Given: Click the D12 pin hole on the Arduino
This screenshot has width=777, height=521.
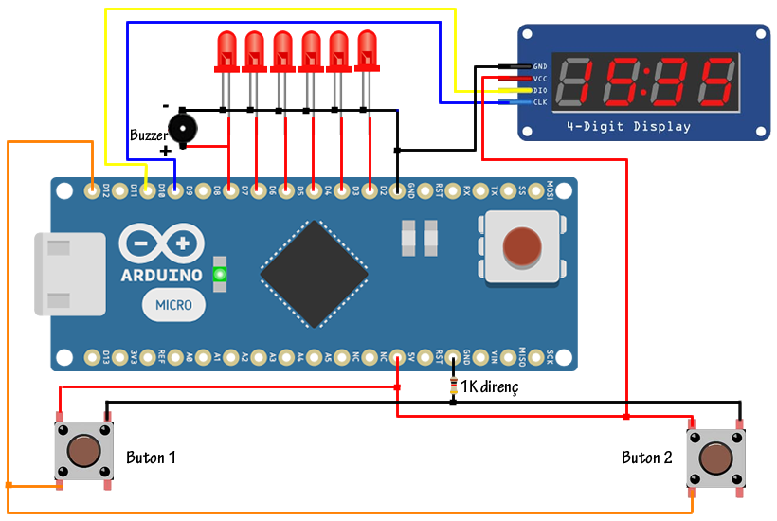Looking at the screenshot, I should [x=92, y=191].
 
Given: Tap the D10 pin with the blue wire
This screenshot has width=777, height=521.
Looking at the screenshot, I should [x=174, y=191].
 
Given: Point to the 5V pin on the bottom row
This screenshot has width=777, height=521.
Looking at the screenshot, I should [x=397, y=357].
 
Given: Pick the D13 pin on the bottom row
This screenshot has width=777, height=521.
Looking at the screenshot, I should [x=92, y=357].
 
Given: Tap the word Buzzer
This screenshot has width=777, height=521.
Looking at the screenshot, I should [x=149, y=135].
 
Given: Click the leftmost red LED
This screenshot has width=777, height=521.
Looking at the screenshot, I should [x=226, y=51].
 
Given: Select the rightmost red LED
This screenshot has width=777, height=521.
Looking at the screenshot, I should [x=367, y=51].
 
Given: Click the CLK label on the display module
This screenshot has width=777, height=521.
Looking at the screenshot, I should [x=540, y=102].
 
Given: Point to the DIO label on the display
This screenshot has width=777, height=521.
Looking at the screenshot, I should [x=540, y=90].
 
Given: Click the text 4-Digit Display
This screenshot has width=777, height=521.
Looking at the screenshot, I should [x=629, y=127].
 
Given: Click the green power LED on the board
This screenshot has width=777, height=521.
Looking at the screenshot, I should [x=221, y=275].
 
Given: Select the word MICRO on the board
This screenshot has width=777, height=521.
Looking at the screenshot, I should [x=174, y=305].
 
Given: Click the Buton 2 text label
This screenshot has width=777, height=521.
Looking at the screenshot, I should [x=647, y=458].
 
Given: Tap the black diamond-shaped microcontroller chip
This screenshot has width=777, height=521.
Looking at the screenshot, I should [x=314, y=275].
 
